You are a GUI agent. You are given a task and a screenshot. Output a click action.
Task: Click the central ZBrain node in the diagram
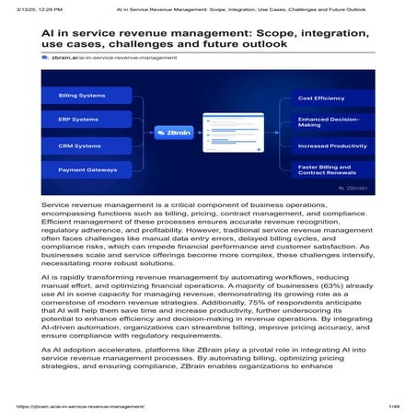(175, 132)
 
